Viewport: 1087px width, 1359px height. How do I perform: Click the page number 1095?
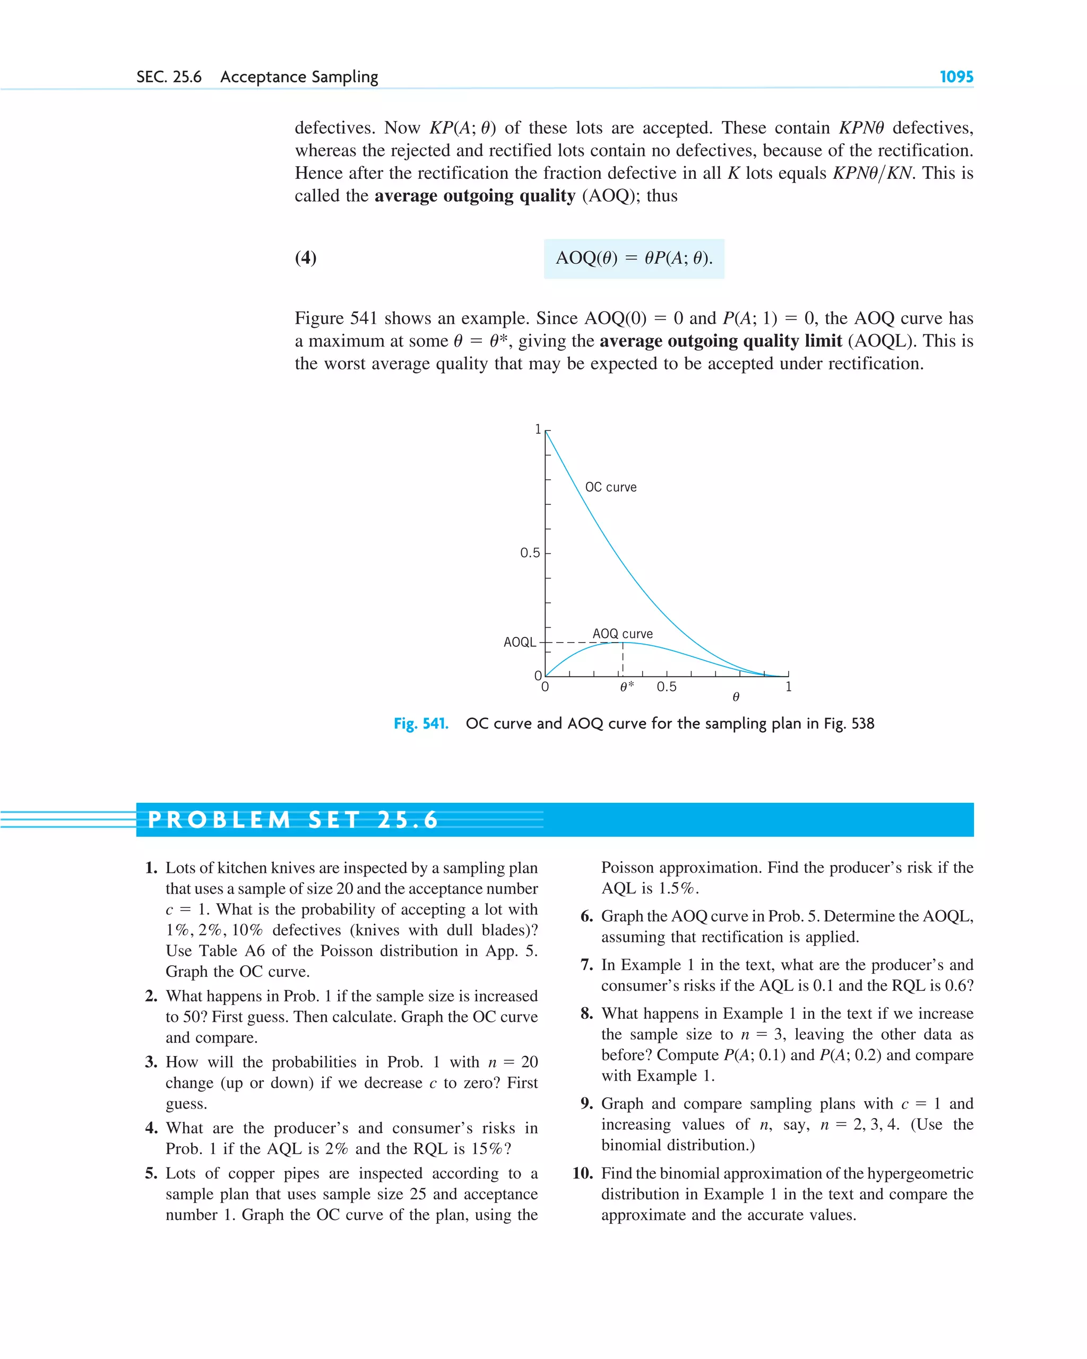click(x=956, y=77)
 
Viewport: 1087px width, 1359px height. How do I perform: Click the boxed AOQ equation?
click(x=634, y=258)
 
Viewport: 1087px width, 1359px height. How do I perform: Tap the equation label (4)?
click(x=306, y=257)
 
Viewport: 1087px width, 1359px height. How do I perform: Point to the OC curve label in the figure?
click(x=610, y=487)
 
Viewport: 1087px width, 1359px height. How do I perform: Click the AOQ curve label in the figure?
click(x=622, y=634)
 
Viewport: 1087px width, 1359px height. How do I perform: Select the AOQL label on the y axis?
click(x=519, y=642)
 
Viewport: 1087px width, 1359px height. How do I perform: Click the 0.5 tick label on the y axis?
click(x=530, y=553)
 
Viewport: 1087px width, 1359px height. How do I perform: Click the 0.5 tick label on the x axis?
click(x=667, y=687)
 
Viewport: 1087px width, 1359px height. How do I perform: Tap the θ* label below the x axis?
click(x=627, y=687)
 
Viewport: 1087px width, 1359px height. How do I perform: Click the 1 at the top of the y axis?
click(x=538, y=430)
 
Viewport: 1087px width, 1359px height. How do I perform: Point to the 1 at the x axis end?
click(x=788, y=687)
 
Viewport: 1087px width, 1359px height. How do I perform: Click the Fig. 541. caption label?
click(x=420, y=724)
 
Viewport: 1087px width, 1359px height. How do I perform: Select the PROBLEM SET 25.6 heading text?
click(x=292, y=819)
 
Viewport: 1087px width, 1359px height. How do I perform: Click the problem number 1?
click(x=151, y=868)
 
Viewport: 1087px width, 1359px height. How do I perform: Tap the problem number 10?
click(x=583, y=1173)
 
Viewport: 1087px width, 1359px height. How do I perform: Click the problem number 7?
click(x=586, y=965)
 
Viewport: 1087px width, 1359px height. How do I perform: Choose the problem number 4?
click(x=151, y=1128)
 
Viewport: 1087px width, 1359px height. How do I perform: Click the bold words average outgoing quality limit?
click(x=720, y=341)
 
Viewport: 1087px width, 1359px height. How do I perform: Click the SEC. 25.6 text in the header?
click(x=169, y=77)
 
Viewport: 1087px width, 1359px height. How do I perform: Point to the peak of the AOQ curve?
click(x=622, y=642)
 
